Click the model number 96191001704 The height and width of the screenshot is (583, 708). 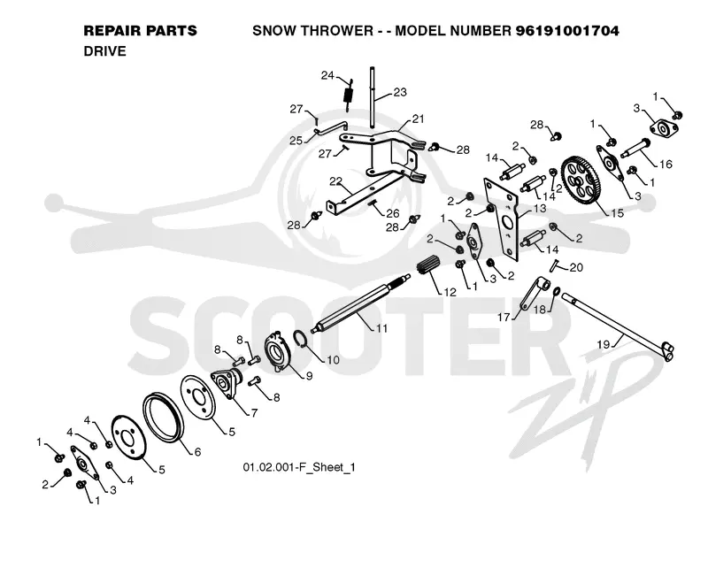pyautogui.click(x=567, y=31)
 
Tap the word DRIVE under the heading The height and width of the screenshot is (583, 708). pyautogui.click(x=104, y=51)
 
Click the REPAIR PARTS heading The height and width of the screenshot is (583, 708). pyautogui.click(x=141, y=31)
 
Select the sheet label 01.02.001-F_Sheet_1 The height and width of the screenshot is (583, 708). pyautogui.click(x=299, y=467)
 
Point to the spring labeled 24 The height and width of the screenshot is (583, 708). pyautogui.click(x=348, y=96)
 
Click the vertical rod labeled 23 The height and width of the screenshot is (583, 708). pyautogui.click(x=372, y=96)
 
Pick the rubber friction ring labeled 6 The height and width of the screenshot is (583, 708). pyautogui.click(x=163, y=417)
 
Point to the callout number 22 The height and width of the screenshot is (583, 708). pyautogui.click(x=335, y=181)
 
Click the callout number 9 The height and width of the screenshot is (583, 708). pyautogui.click(x=309, y=376)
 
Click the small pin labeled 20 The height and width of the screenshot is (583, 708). pyautogui.click(x=552, y=265)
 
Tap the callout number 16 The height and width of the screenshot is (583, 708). pyautogui.click(x=666, y=164)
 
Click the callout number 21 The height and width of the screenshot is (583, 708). pyautogui.click(x=418, y=119)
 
